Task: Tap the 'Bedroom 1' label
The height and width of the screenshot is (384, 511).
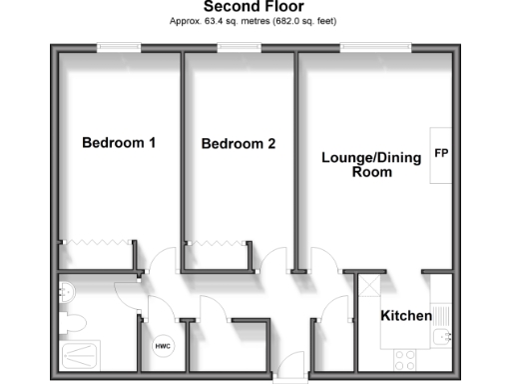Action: [x=118, y=142]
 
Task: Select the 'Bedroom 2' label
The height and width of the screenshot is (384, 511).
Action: [x=238, y=144]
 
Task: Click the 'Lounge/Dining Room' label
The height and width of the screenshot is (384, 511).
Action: [x=356, y=164]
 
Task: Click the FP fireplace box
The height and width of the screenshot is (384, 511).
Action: [x=440, y=155]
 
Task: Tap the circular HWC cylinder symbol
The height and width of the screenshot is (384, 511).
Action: [x=162, y=346]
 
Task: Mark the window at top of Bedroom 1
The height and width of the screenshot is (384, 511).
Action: [x=118, y=46]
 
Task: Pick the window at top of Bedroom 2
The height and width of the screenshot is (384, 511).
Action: [x=238, y=46]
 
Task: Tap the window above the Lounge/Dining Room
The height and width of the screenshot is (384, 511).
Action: [x=374, y=46]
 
